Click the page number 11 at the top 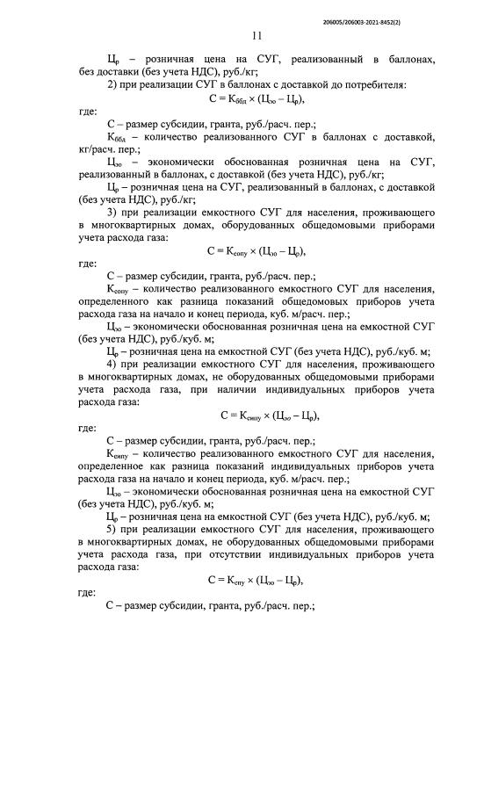[x=256, y=36]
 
